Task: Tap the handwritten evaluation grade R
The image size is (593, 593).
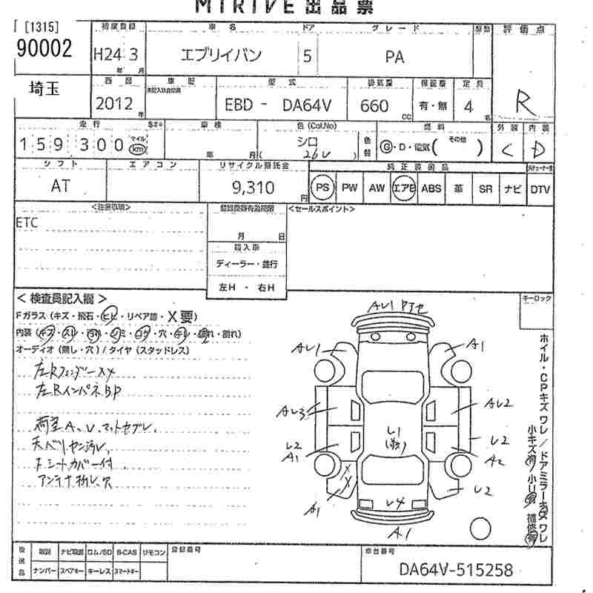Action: point(526,101)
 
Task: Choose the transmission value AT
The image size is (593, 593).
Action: point(61,187)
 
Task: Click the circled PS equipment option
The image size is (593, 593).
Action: point(322,188)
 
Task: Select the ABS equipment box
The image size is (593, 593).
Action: point(431,188)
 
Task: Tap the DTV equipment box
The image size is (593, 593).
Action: point(540,189)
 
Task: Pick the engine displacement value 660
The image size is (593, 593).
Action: point(374,105)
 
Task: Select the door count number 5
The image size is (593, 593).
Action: point(307,56)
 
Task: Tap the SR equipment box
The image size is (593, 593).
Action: point(486,189)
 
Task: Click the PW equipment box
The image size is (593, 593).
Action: point(349,188)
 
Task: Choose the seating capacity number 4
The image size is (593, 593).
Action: point(468,105)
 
